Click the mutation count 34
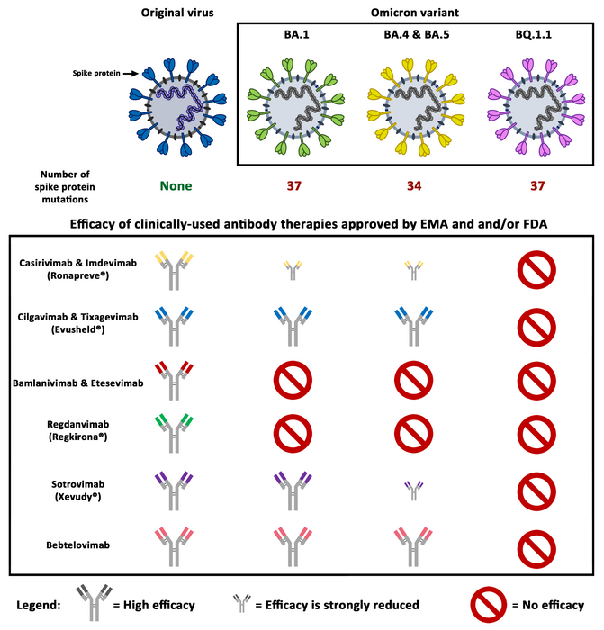click(410, 186)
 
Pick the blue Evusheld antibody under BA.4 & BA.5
click(410, 326)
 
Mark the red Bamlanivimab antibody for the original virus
click(176, 382)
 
